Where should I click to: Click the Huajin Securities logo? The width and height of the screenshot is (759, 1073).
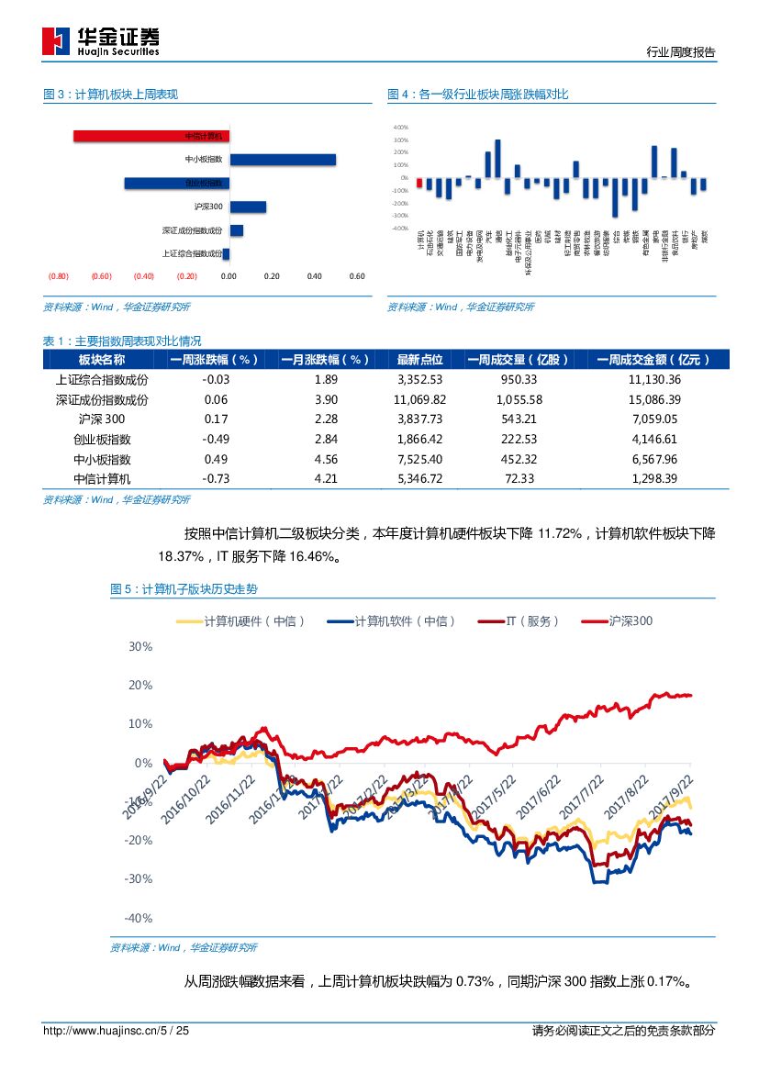coord(101,40)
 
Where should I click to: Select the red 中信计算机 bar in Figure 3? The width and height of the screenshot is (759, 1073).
coord(151,136)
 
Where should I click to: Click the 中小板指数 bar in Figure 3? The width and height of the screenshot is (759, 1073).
coord(282,160)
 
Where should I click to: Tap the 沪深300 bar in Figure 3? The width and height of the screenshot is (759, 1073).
coord(247,207)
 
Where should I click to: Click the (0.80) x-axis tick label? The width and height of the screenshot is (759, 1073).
coord(59,276)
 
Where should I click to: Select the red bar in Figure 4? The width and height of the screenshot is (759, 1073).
coord(419,183)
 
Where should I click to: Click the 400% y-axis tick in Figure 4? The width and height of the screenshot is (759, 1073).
coord(400,128)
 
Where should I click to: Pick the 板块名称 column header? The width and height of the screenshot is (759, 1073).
coord(102,360)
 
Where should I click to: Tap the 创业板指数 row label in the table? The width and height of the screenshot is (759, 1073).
coord(102,439)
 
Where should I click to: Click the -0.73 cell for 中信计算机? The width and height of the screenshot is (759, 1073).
coord(217,478)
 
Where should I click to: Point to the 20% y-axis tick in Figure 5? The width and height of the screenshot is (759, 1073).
coord(140,685)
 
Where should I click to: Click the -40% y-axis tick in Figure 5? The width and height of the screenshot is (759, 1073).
coord(138,918)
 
